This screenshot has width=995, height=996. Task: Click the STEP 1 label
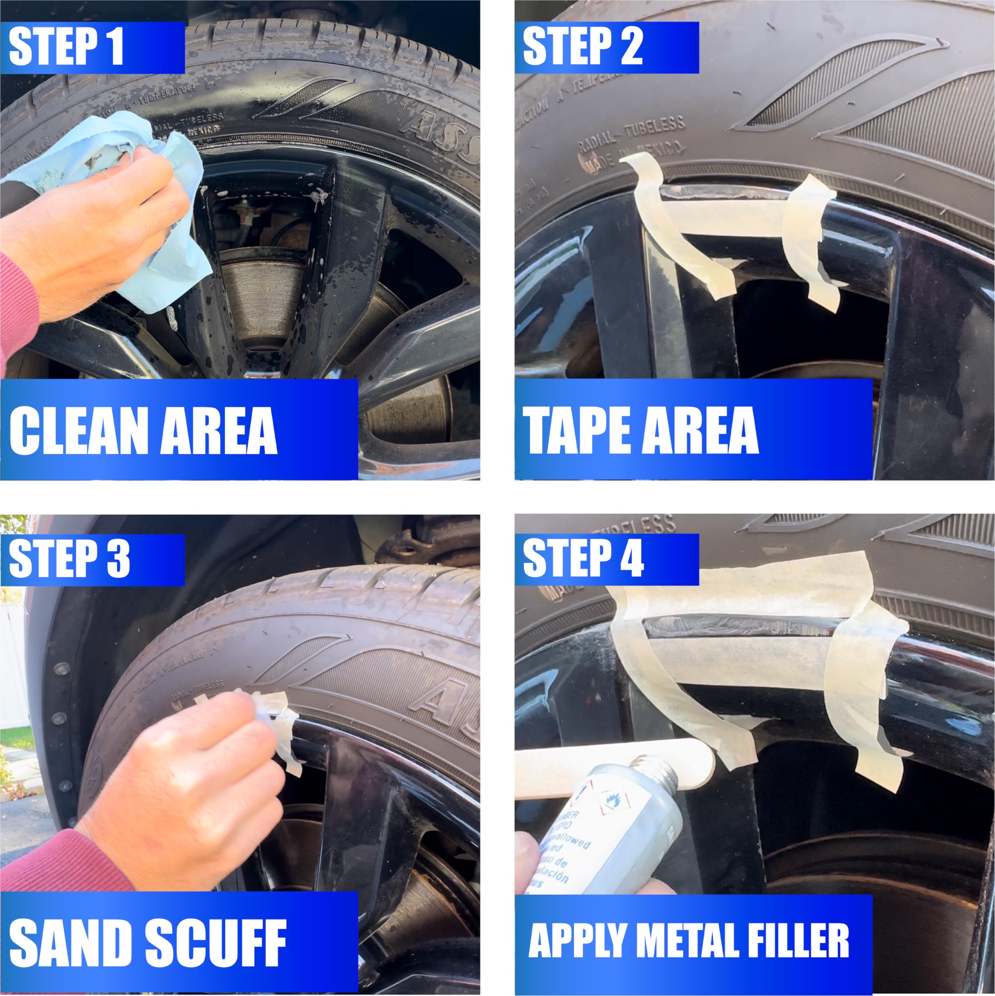click(67, 47)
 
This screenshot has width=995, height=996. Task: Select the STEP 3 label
click(70, 559)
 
